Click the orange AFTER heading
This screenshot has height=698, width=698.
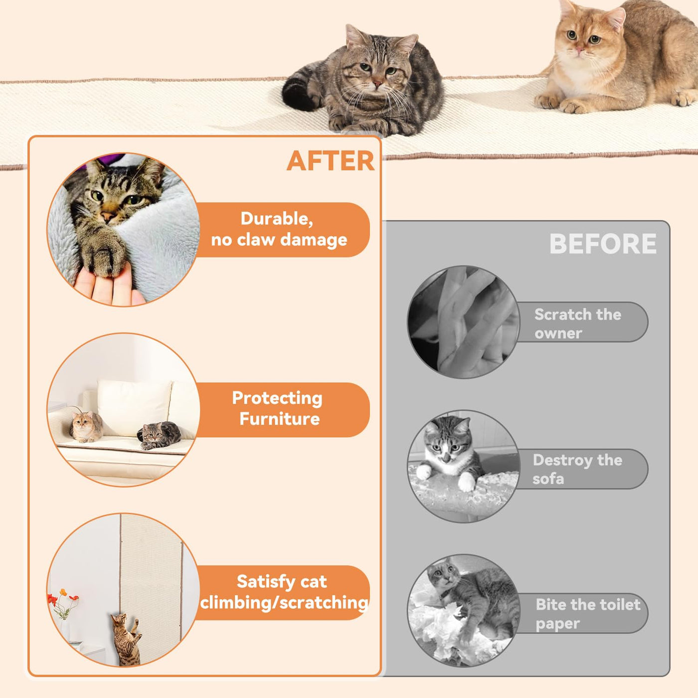click(x=330, y=161)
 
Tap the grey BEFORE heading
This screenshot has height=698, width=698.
click(x=603, y=244)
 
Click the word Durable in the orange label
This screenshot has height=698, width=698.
click(x=277, y=219)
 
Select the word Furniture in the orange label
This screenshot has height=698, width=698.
click(x=279, y=419)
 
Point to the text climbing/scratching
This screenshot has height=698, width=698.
click(x=284, y=603)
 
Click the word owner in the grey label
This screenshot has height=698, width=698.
click(x=558, y=334)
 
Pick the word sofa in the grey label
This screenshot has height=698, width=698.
click(x=548, y=479)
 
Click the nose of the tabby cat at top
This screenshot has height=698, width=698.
click(x=377, y=84)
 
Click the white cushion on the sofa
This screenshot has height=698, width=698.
click(x=134, y=407)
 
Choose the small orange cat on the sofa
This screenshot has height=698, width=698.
click(x=86, y=427)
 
